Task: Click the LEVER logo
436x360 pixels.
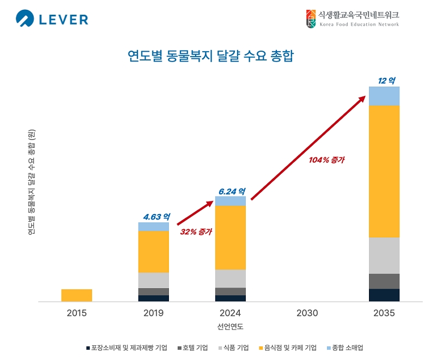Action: click(x=52, y=20)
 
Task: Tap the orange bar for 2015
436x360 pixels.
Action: click(x=77, y=295)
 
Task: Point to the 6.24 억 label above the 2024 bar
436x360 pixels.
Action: click(x=232, y=191)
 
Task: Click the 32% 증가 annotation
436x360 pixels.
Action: click(x=196, y=231)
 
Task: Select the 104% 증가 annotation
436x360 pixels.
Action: click(x=326, y=160)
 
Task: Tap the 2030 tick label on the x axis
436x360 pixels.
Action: click(x=307, y=314)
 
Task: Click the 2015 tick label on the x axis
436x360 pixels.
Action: click(x=77, y=314)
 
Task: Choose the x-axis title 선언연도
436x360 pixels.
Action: click(x=230, y=327)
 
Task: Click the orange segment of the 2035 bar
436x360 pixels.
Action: click(x=384, y=171)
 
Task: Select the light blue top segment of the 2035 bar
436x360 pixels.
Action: click(x=384, y=96)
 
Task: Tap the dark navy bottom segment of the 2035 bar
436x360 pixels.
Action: click(x=384, y=295)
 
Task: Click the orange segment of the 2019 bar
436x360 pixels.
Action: click(x=154, y=252)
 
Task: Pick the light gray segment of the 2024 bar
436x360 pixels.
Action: click(x=231, y=278)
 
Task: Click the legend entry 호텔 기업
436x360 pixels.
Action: click(x=194, y=347)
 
